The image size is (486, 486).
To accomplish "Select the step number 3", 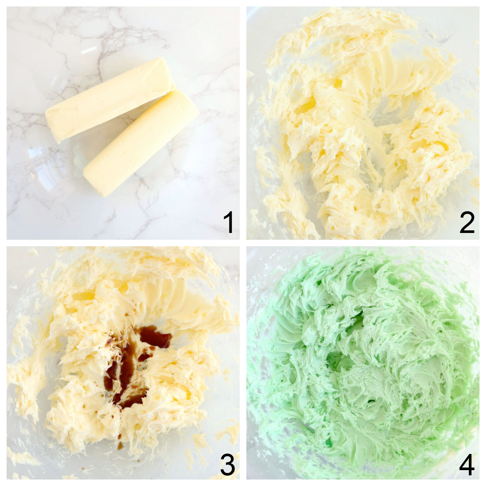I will [227, 466].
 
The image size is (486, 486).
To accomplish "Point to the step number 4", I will [467, 466].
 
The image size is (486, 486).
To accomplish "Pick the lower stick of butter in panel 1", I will [141, 144].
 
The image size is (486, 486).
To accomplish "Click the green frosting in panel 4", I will [363, 363].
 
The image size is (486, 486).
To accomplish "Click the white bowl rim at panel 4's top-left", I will [259, 259].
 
